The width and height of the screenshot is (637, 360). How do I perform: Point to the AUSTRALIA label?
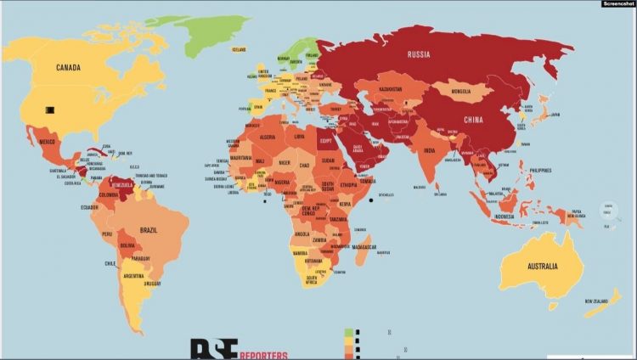532,266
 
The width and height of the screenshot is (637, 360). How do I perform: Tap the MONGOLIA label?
461,89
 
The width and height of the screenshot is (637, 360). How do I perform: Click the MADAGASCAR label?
370,246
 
